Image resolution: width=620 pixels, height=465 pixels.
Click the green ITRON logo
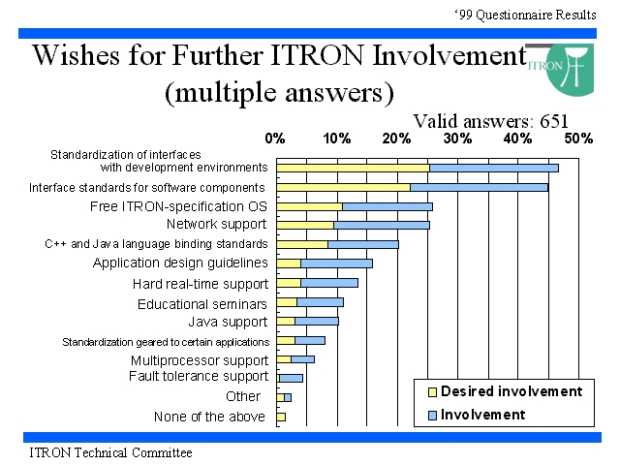pyautogui.click(x=569, y=70)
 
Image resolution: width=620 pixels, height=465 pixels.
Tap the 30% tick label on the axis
pyautogui.click(x=458, y=139)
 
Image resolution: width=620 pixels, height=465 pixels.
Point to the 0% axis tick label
pyautogui.click(x=275, y=139)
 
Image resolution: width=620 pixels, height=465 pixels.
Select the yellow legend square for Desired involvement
pyautogui.click(x=433, y=391)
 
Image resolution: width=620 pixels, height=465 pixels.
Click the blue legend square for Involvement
pyautogui.click(x=433, y=415)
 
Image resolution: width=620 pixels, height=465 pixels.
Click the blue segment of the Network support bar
pyautogui.click(x=382, y=225)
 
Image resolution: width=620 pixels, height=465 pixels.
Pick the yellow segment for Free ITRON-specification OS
pyautogui.click(x=310, y=206)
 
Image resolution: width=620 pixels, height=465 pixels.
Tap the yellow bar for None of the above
pyautogui.click(x=281, y=417)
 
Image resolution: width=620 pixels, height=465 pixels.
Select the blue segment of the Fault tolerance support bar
pyautogui.click(x=291, y=379)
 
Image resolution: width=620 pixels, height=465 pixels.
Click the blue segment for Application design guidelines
pyautogui.click(x=336, y=263)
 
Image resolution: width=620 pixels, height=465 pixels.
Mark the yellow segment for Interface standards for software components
pyautogui.click(x=344, y=187)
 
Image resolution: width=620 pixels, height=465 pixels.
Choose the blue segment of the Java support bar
pyautogui.click(x=317, y=321)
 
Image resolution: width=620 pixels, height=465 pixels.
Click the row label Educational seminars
pyautogui.click(x=202, y=304)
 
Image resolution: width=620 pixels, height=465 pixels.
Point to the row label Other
pyautogui.click(x=243, y=396)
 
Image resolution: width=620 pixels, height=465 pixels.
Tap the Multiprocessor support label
pyautogui.click(x=200, y=360)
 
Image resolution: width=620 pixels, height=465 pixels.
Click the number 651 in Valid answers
pyautogui.click(x=554, y=121)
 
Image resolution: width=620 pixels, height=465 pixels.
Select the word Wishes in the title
pyautogui.click(x=76, y=55)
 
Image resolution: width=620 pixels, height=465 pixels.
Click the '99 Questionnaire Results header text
pyautogui.click(x=525, y=15)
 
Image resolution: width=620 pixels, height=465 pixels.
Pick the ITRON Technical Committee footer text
pyautogui.click(x=110, y=452)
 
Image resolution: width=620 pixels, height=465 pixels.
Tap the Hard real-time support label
pyautogui.click(x=201, y=284)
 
